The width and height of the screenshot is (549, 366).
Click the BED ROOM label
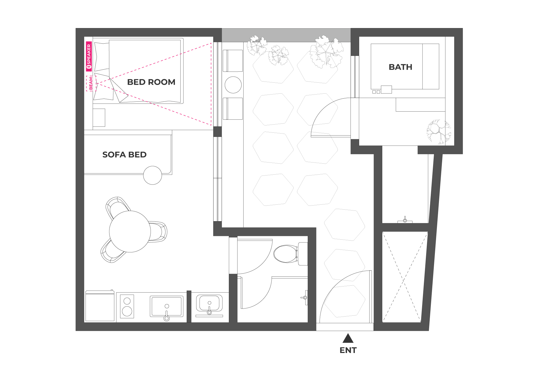(151, 82)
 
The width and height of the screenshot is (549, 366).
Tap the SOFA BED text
(124, 155)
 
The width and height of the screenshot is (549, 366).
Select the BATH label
(400, 67)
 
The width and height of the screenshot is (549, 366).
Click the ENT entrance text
(348, 350)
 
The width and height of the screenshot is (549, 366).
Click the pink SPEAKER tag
(89, 57)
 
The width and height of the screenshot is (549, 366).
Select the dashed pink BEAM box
(91, 83)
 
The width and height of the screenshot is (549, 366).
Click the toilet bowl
(285, 254)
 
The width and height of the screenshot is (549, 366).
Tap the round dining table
(130, 231)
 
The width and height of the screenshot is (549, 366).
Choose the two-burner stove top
(127, 306)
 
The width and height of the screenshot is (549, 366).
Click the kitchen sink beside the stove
(166, 306)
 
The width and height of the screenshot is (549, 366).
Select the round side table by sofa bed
(153, 175)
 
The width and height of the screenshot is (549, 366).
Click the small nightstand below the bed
(99, 118)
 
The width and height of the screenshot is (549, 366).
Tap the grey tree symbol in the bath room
(439, 132)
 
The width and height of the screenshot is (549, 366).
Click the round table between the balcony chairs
(233, 85)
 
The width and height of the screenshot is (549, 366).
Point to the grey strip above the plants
(286, 35)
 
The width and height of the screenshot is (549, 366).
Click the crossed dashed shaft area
(405, 277)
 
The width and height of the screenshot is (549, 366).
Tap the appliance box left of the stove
(100, 306)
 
